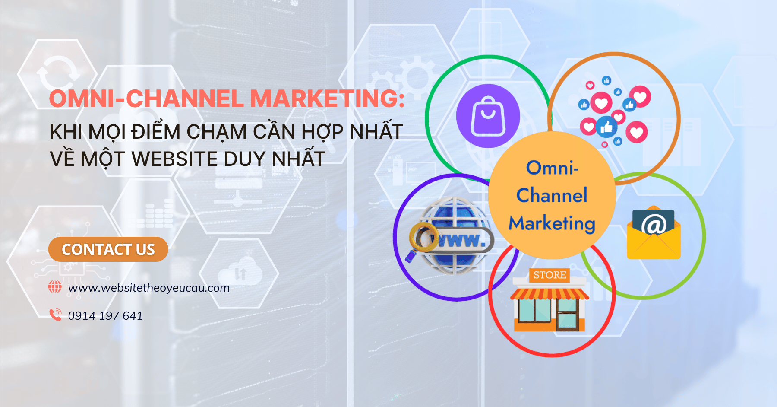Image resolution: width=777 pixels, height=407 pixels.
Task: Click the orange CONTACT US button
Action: [108, 249]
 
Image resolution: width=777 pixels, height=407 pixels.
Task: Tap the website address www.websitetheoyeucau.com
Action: [149, 288]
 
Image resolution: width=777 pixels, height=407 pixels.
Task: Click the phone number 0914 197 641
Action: [105, 316]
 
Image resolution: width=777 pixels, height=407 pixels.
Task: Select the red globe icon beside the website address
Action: [55, 287]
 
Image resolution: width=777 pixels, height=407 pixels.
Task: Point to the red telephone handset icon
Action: [55, 315]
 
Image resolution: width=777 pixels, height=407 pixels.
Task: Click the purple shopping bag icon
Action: [488, 116]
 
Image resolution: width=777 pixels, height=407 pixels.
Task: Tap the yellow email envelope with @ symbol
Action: [654, 233]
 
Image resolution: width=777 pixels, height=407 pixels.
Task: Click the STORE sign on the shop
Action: [550, 275]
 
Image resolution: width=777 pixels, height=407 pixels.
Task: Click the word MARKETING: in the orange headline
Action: [328, 99]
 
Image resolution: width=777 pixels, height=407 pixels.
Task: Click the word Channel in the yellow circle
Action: [552, 195]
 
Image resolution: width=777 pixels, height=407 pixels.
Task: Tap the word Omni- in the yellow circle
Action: [552, 168]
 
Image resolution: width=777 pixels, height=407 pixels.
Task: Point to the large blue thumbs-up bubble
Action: [606, 127]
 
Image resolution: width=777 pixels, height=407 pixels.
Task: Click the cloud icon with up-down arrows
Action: [240, 272]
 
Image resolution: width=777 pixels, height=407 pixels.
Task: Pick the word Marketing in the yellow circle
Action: [552, 223]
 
